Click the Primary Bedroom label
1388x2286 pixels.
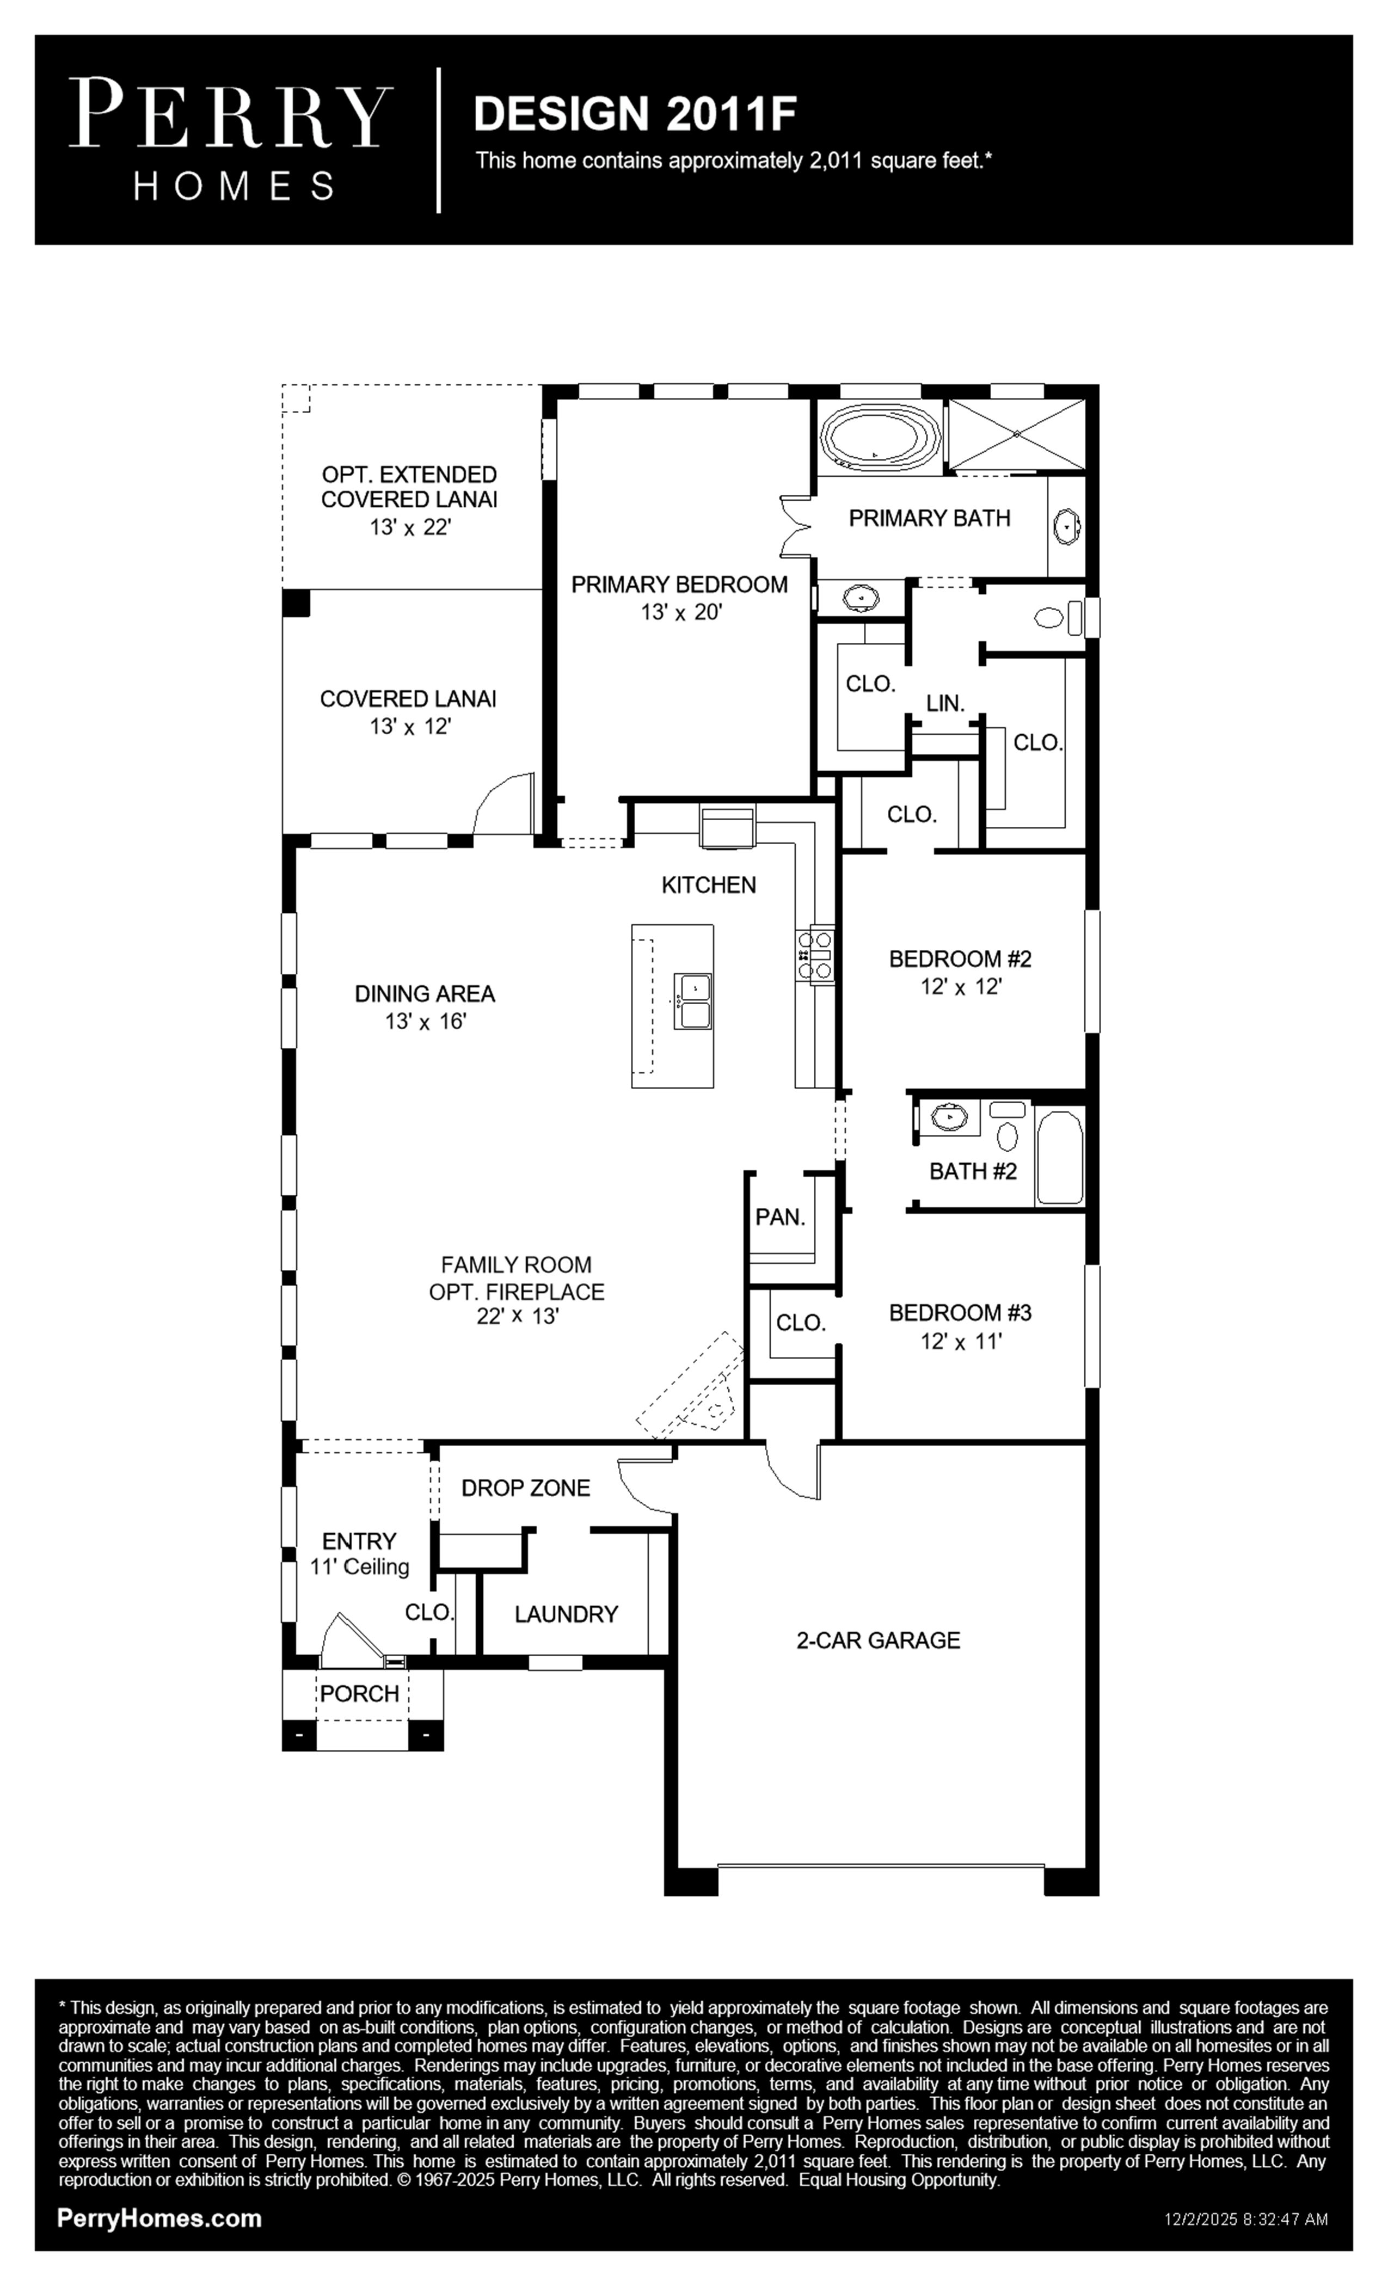coord(679,585)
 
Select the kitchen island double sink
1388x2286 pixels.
coord(693,1001)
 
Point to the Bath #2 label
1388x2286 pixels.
coord(972,1171)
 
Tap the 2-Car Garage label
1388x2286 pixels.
coord(877,1640)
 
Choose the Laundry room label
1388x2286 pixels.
coord(566,1614)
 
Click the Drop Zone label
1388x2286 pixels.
coord(525,1488)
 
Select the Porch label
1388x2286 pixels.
coord(360,1693)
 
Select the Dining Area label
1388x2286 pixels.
coord(425,994)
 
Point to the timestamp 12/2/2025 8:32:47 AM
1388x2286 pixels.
coord(1246,2220)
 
